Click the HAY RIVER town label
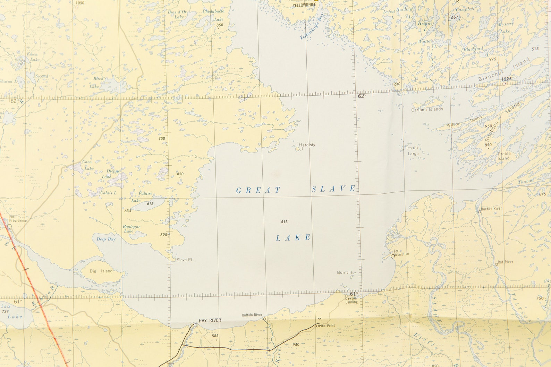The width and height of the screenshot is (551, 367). (x=210, y=320)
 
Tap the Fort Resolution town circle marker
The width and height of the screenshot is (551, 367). (x=392, y=256)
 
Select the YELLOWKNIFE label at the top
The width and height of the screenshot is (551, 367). (x=304, y=5)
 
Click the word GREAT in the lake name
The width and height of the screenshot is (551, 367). (x=258, y=190)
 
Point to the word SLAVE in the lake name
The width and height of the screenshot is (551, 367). (x=333, y=189)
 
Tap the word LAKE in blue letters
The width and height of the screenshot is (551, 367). (x=293, y=238)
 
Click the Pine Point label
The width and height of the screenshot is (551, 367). (x=327, y=326)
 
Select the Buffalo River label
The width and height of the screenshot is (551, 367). (x=252, y=315)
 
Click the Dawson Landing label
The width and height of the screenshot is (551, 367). (x=351, y=300)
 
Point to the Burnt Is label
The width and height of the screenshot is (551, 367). (x=345, y=272)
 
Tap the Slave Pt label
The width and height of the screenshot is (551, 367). (x=184, y=260)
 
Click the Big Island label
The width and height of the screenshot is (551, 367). (x=101, y=271)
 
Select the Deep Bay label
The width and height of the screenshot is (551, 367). (x=106, y=239)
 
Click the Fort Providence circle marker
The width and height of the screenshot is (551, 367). (x=10, y=226)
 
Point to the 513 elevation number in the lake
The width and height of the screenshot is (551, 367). (x=285, y=222)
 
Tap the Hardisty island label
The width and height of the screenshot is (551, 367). (x=307, y=145)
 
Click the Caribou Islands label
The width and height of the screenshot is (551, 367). (x=427, y=110)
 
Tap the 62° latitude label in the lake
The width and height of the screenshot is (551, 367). (x=362, y=96)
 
